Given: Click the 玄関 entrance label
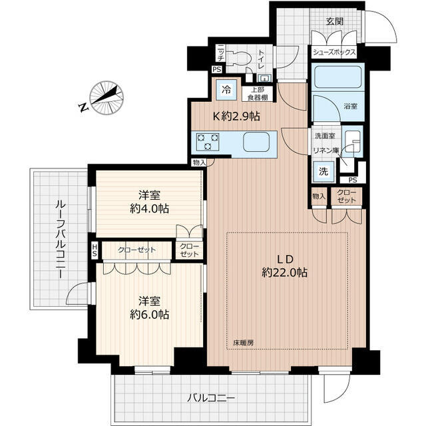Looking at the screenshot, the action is point(335,21).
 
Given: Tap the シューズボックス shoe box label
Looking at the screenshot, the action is point(334,52).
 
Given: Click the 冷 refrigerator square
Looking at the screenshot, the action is point(226,90).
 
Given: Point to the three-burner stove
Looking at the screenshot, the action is point(208,142).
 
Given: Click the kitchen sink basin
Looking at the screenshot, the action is point(256,142).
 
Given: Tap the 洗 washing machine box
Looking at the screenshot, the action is point(323,172).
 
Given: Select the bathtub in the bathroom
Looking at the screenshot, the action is point(338,77).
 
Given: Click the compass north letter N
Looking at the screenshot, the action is point(84,107).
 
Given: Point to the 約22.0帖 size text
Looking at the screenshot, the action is point(285,272).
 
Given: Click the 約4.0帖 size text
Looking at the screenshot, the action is point(149,209).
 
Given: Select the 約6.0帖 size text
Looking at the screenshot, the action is point(149,315).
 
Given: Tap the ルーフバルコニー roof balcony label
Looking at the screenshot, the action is point(60,239).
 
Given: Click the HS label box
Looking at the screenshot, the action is point(95,250).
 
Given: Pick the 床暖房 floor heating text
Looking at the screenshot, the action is point(244,343).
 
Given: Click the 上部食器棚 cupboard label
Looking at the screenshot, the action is point(258,94).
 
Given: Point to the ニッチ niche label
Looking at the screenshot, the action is point(220,53).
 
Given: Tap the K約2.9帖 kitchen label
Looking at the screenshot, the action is point(236,116).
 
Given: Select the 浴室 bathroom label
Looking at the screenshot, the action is point(351,106).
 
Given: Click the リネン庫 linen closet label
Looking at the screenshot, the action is point(326,150).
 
